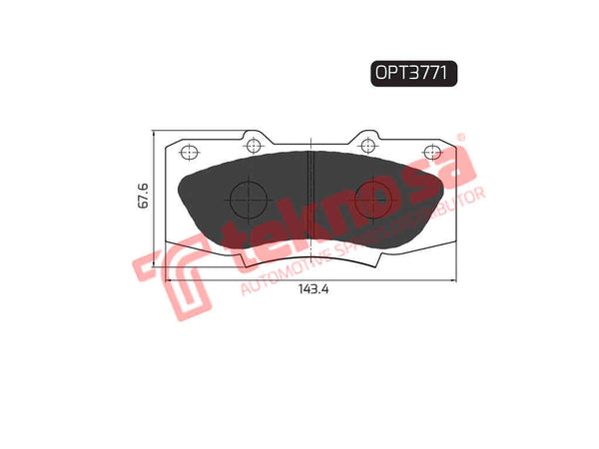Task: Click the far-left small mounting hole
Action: (187, 152)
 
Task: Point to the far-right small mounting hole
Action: (431, 152)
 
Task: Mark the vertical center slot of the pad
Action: (310, 196)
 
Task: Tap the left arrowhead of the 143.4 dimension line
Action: (168, 282)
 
